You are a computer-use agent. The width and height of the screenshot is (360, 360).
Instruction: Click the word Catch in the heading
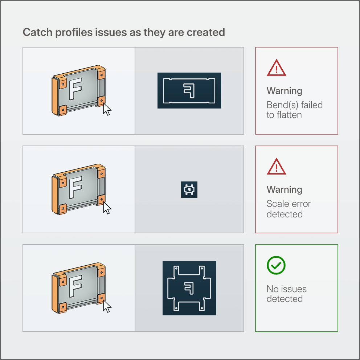(38, 32)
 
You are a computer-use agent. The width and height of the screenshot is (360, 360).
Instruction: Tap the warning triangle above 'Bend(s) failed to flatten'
(277, 68)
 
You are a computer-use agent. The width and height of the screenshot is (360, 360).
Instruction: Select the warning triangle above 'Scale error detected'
(277, 167)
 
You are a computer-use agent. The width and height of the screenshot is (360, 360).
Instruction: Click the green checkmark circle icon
(276, 265)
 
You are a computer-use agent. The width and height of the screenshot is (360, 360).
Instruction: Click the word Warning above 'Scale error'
(284, 190)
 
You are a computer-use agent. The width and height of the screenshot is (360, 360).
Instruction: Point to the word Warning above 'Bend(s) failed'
(284, 91)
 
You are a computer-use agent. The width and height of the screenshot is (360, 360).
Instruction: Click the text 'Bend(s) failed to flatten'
(295, 110)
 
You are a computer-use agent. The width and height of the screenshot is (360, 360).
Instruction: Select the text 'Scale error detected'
(289, 209)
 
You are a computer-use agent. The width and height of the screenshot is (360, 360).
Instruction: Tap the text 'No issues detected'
(287, 294)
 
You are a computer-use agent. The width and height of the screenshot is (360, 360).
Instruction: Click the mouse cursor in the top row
(107, 109)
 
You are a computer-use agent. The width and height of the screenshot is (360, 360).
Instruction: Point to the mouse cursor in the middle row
(107, 208)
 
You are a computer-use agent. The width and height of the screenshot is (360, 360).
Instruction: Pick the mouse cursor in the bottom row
(107, 306)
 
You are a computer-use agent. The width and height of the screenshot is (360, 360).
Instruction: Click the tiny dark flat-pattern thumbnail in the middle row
(189, 190)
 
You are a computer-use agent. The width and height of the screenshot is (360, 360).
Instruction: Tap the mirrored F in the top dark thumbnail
(189, 91)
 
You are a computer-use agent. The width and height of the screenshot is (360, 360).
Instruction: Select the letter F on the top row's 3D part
(75, 89)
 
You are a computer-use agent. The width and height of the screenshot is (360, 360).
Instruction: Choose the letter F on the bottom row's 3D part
(75, 286)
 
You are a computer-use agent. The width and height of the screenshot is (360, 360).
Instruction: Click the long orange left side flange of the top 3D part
(55, 97)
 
